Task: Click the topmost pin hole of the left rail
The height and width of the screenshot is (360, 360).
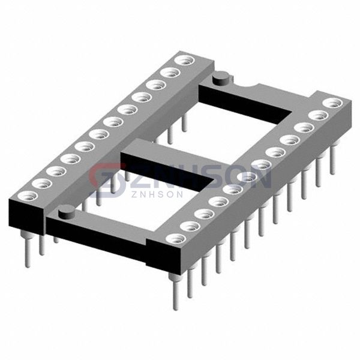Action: pyautogui.click(x=184, y=61)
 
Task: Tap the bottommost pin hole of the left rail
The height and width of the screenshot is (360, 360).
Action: pyautogui.click(x=28, y=197)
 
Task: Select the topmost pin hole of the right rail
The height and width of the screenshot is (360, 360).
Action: pyautogui.click(x=332, y=103)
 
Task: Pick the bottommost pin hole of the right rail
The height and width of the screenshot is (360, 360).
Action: pyautogui.click(x=176, y=239)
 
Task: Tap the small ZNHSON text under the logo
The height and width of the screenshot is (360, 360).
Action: pyautogui.click(x=157, y=194)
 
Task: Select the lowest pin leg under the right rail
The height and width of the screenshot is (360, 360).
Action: pyautogui.click(x=176, y=291)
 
